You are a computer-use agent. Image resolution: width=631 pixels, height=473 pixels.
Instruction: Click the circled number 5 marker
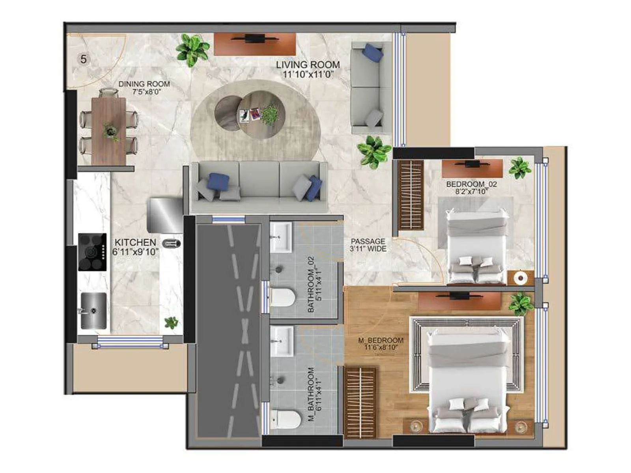pyautogui.click(x=84, y=59)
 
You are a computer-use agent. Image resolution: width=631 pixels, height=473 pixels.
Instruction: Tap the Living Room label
pyautogui.click(x=308, y=69)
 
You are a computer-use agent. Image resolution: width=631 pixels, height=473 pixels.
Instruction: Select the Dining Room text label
pyautogui.click(x=144, y=88)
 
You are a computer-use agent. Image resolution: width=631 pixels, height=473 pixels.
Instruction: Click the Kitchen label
pyautogui.click(x=135, y=247)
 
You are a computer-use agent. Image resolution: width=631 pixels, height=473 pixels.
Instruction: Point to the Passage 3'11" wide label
pyautogui.click(x=368, y=245)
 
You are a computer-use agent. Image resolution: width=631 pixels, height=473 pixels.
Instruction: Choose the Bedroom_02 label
pyautogui.click(x=472, y=188)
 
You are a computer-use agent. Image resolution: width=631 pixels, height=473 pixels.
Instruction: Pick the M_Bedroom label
pyautogui.click(x=381, y=343)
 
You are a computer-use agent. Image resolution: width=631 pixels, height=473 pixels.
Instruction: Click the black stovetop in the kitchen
pyautogui.click(x=92, y=252)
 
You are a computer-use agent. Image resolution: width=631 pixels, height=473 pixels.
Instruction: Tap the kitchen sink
pyautogui.click(x=93, y=311)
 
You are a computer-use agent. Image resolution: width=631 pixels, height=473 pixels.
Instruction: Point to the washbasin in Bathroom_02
pyautogui.click(x=281, y=237)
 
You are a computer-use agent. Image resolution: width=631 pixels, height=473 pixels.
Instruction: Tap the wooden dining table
pyautogui.click(x=109, y=131)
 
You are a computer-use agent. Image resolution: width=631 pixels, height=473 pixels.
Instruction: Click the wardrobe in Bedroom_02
pyautogui.click(x=410, y=195)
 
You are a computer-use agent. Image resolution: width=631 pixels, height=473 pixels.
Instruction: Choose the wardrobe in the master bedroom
pyautogui.click(x=360, y=402)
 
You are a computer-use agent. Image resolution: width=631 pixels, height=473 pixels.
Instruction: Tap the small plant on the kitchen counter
pyautogui.click(x=171, y=323)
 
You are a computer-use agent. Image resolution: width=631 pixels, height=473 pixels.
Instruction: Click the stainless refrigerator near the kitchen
pyautogui.click(x=165, y=215)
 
